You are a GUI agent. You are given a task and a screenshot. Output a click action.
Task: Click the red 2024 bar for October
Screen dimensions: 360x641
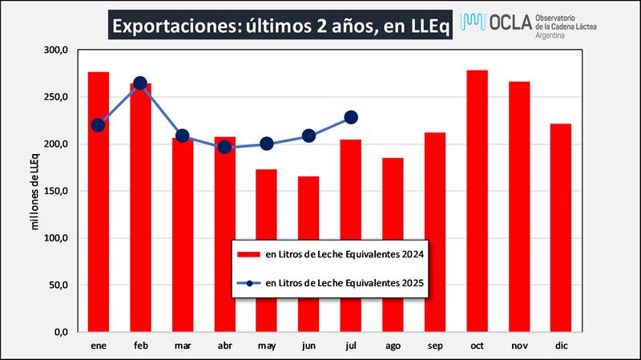click(477, 200)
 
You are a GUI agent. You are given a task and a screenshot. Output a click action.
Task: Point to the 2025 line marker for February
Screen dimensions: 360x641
click(140, 83)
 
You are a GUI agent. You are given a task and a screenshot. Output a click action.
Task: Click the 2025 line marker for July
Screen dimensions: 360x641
click(350, 117)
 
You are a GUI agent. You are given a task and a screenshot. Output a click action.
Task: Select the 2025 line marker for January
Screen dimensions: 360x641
click(98, 124)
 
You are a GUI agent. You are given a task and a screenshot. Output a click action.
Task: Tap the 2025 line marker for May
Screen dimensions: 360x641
click(266, 144)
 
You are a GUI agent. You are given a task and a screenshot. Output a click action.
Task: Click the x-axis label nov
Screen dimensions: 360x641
click(518, 345)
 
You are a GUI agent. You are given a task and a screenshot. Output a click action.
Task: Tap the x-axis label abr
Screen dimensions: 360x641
click(224, 345)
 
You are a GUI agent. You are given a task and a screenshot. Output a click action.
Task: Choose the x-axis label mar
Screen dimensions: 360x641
click(182, 345)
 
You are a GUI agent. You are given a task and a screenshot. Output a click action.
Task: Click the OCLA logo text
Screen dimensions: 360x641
click(506, 25)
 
